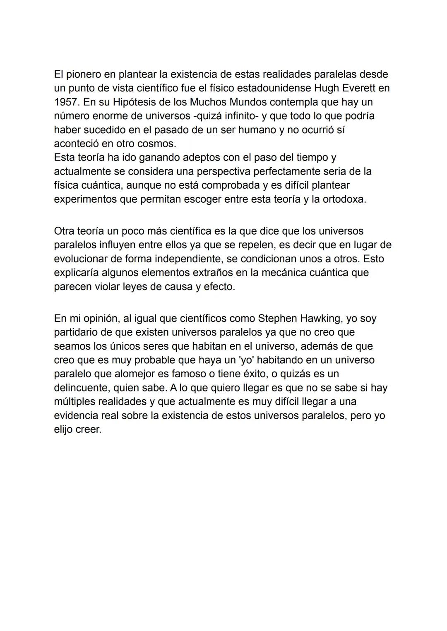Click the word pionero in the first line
point(89,74)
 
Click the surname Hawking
point(321,319)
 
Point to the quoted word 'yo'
point(247,360)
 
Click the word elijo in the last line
point(63,429)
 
